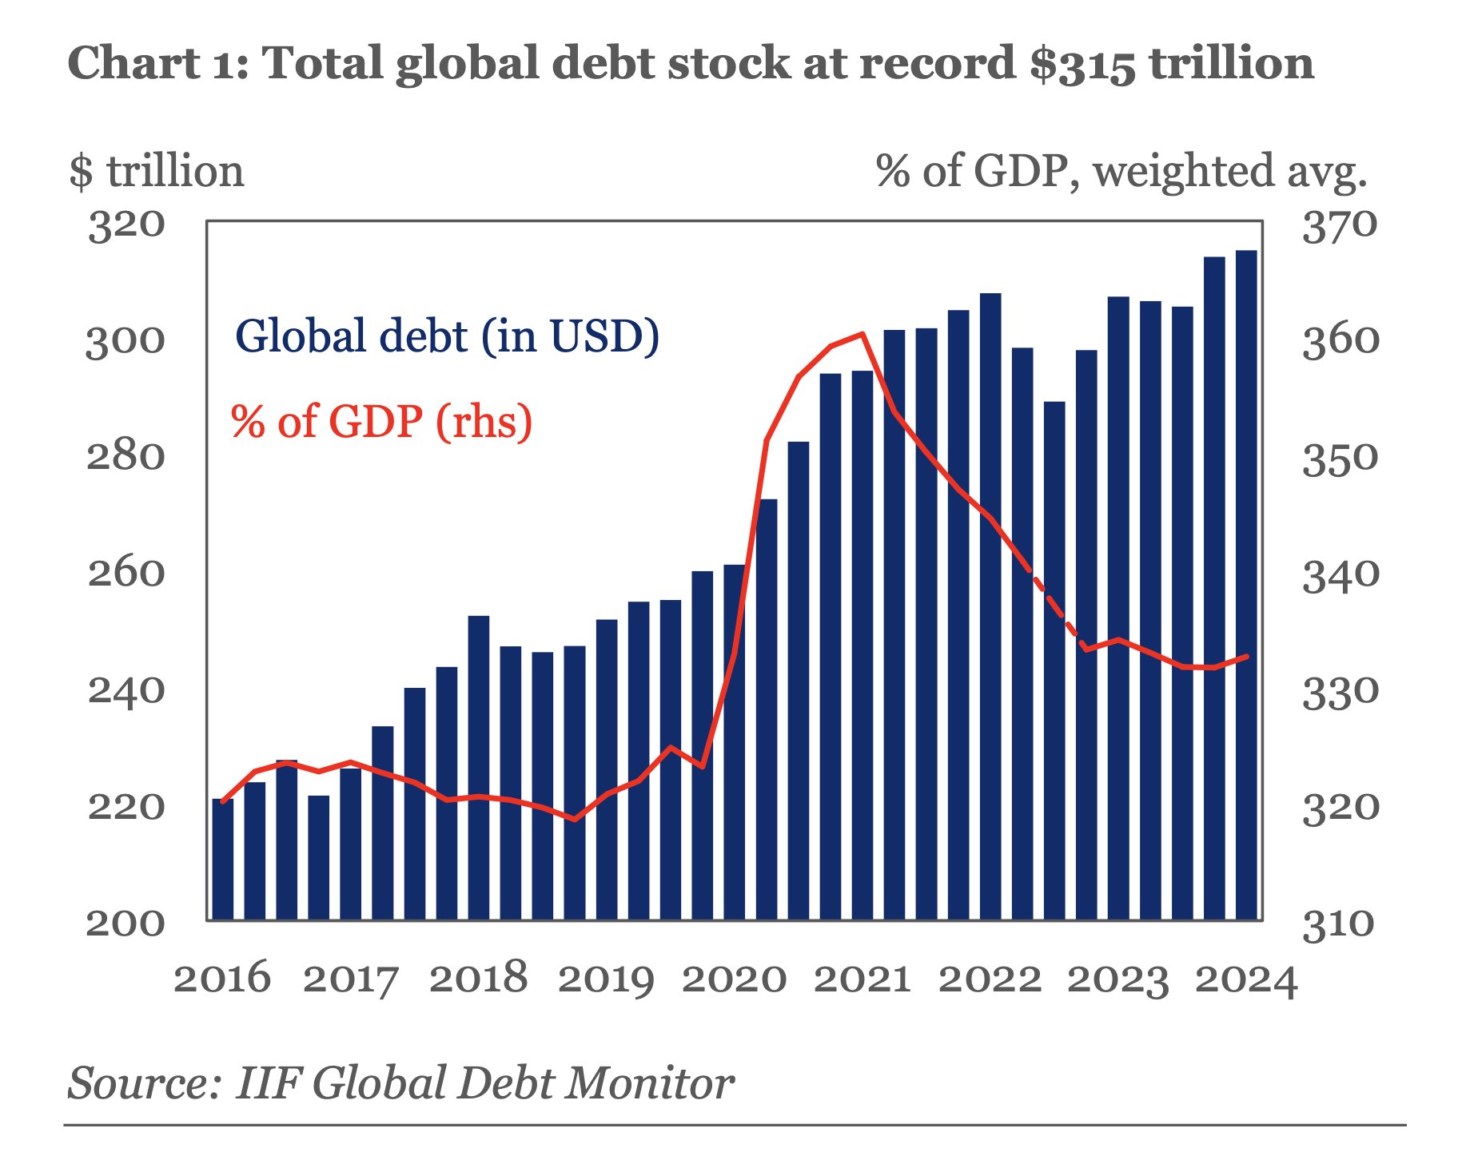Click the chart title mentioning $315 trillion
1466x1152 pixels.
pos(691,64)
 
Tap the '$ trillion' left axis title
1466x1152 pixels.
pos(157,172)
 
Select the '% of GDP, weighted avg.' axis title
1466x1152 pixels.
pos(1121,172)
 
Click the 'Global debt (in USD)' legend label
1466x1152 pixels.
pos(448,336)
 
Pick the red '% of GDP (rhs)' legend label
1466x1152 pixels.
pos(381,422)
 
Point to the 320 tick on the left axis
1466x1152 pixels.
pos(126,226)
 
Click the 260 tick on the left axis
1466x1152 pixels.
pos(126,574)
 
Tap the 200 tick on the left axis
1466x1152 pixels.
pos(126,924)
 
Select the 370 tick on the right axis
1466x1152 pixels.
pos(1341,226)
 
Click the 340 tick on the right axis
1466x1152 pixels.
pos(1341,575)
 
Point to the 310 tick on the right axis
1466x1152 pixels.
pos(1341,925)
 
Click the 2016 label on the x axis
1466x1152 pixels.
pos(222,979)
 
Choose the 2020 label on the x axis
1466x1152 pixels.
pos(734,979)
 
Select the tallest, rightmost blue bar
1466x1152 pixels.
pos(1246,583)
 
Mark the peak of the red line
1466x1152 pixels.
pos(862,334)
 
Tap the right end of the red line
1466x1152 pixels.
pos(1246,657)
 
